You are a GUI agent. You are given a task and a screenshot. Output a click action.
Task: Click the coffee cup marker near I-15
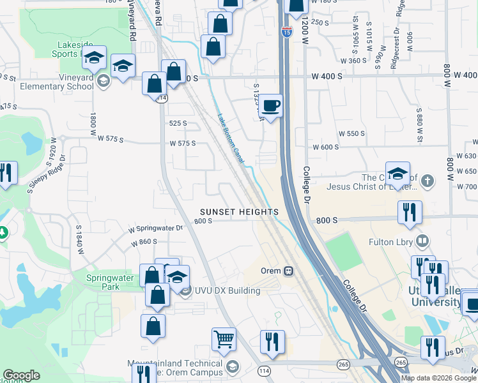click(272, 106)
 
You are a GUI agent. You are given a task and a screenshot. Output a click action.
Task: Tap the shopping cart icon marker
click(224, 340)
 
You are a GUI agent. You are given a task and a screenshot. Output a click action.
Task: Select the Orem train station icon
click(288, 271)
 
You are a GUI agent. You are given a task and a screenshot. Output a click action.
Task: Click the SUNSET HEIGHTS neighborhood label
click(239, 211)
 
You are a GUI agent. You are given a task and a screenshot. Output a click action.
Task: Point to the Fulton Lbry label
click(393, 242)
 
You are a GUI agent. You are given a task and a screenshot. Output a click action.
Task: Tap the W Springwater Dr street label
click(155, 228)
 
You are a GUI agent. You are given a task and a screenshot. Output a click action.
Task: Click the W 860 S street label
click(144, 243)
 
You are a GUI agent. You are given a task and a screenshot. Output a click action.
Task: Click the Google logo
click(21, 375)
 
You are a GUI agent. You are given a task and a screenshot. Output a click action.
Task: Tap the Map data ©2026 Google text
click(438, 378)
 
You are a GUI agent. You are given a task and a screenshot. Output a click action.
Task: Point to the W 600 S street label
click(325, 147)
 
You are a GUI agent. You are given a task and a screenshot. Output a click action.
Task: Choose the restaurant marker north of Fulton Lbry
click(409, 213)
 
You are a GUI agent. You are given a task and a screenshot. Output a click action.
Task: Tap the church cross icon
click(428, 182)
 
